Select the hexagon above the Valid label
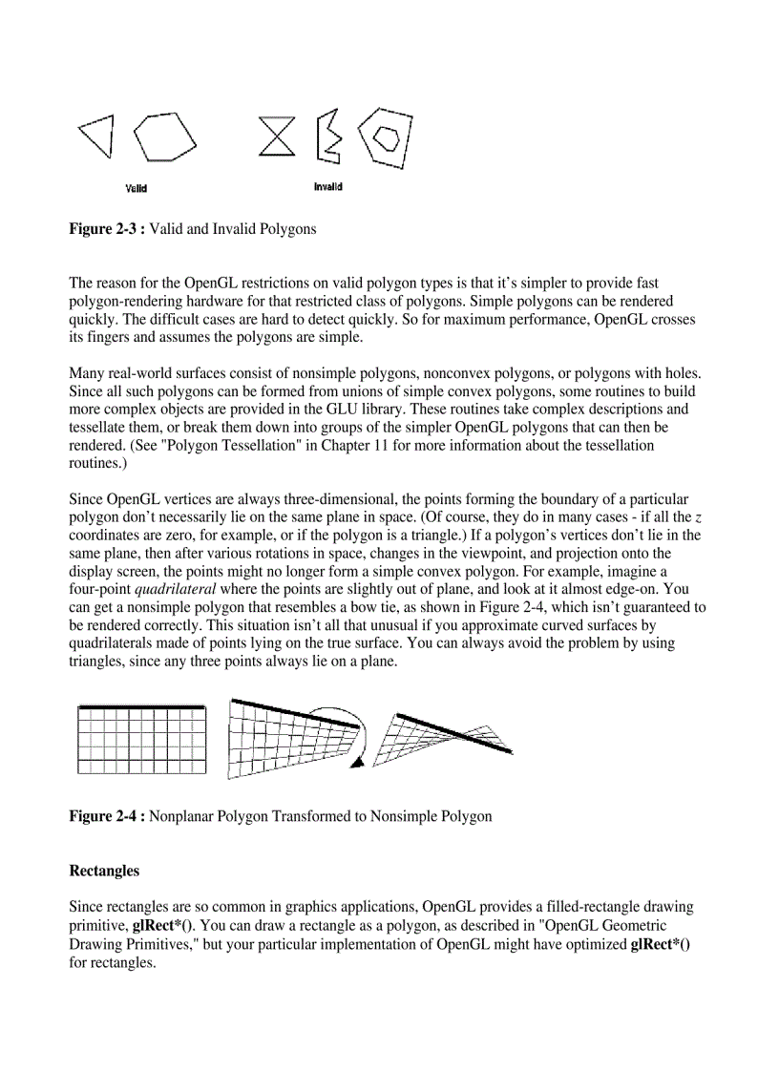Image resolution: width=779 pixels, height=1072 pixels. [x=164, y=137]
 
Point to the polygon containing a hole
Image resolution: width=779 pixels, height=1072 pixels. [x=387, y=138]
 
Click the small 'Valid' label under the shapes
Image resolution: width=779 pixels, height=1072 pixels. [x=137, y=188]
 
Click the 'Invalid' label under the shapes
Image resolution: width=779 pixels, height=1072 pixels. [x=327, y=187]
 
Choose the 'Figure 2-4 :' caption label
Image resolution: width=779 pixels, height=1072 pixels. [x=107, y=816]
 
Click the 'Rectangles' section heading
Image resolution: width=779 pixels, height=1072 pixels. [x=104, y=871]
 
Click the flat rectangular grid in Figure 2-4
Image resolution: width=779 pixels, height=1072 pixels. [x=141, y=739]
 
